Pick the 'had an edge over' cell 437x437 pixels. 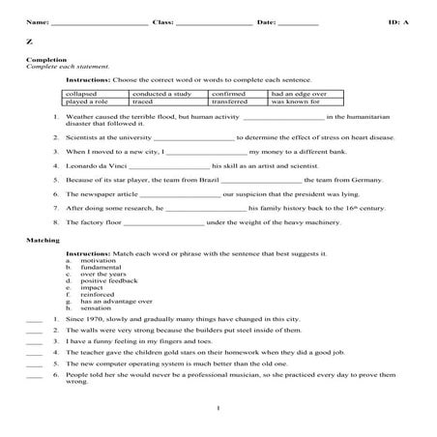click(x=298, y=94)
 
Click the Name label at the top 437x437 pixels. click(x=36, y=20)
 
